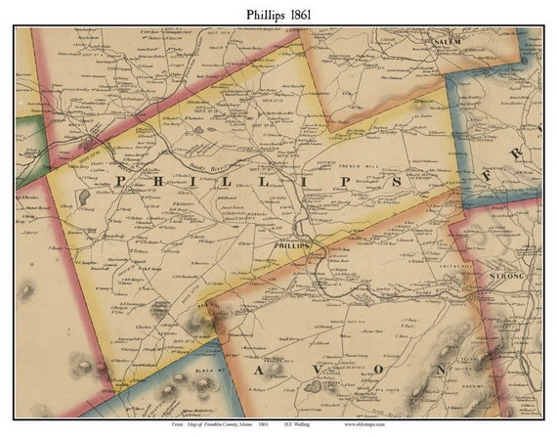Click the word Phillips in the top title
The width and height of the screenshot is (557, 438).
[252, 13]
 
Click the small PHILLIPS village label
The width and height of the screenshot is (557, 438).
[294, 245]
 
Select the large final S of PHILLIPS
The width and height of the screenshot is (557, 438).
[397, 182]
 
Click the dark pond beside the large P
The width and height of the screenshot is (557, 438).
[86, 196]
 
